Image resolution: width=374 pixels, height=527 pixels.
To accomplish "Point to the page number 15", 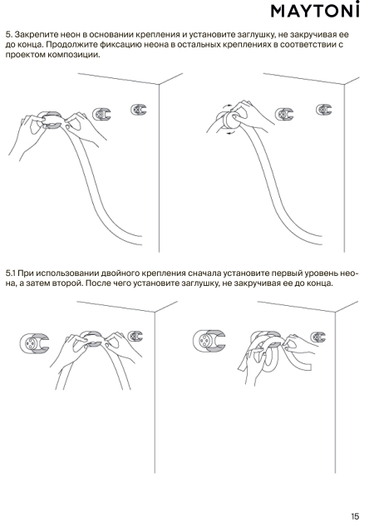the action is click(355, 516).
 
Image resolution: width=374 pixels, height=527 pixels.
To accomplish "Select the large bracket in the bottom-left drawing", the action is click(34, 343).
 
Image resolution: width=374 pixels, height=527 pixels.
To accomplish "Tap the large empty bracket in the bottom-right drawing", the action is click(209, 341).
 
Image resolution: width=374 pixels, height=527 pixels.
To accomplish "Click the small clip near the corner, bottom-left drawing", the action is click(135, 336).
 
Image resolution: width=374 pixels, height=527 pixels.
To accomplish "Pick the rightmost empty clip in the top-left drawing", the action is click(139, 110).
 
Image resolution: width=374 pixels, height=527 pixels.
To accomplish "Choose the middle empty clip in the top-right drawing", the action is click(284, 114).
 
